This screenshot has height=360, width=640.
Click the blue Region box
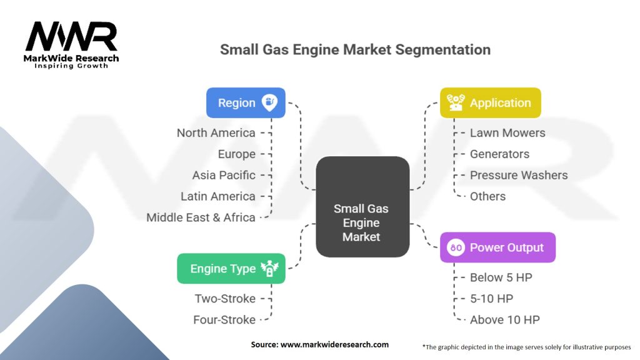tap(246, 103)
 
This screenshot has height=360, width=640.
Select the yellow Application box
tap(490, 103)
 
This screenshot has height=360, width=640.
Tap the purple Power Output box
tap(497, 247)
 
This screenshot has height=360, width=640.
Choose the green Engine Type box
tap(231, 269)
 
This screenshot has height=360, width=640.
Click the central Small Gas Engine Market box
tap(362, 206)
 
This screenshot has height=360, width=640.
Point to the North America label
tap(216, 133)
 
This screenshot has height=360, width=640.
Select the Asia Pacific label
tap(224, 176)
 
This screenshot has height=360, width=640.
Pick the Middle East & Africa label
tap(201, 217)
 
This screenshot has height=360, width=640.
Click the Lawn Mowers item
tap(507, 133)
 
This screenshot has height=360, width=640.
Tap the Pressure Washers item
tap(519, 176)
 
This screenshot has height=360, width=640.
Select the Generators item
tap(499, 154)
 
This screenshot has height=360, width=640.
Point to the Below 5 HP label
tap(501, 277)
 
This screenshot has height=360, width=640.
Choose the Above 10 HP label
tap(505, 320)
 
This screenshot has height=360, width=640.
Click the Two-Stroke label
tap(225, 299)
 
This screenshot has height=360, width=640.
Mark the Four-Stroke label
tap(224, 320)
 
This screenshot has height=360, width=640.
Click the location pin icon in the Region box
tap(269, 102)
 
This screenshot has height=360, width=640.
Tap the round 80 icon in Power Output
tap(456, 247)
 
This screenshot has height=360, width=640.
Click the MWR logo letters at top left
tap(71, 37)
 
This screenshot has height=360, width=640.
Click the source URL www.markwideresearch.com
tap(334, 344)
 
